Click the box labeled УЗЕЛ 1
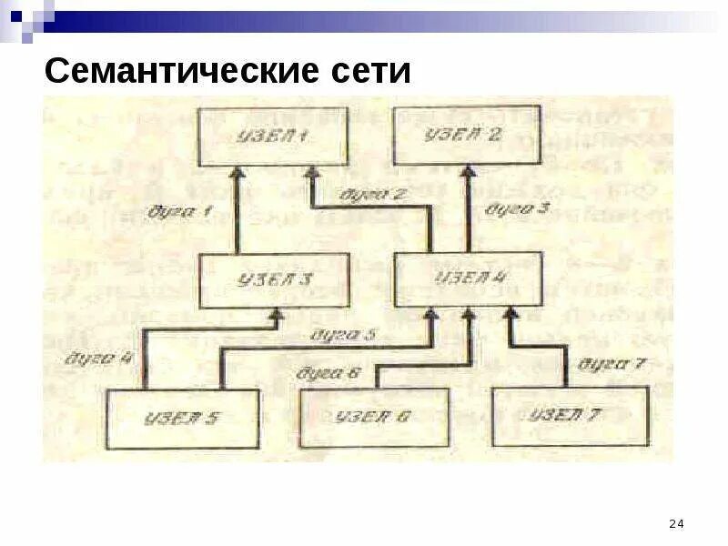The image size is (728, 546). point(273,136)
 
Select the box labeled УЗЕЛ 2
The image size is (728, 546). point(468,135)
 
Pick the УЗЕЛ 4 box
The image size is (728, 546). point(469,278)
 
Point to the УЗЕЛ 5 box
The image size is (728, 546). point(182,419)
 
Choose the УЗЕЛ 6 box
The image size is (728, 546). point(374,418)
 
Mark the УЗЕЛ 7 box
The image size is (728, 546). point(569,417)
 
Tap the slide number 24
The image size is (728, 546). point(676,523)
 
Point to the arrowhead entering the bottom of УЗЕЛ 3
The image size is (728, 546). point(274,315)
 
